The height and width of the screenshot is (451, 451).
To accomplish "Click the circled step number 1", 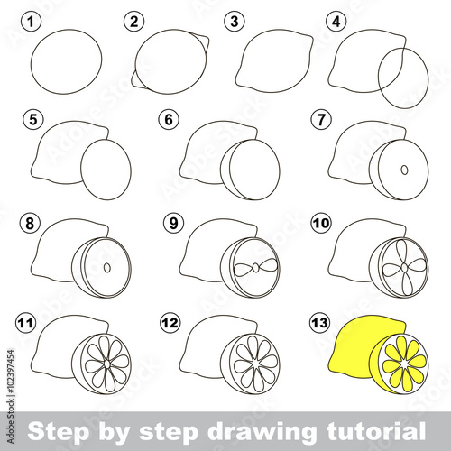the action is (x=31, y=22).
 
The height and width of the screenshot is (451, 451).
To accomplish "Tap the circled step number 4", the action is (x=336, y=22).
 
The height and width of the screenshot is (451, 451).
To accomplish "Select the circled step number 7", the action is (x=321, y=119).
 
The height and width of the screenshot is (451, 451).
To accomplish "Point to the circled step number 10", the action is (x=321, y=224).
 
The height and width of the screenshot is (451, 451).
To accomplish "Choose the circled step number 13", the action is (x=319, y=323).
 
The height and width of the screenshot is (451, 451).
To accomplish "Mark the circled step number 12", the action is (x=170, y=323).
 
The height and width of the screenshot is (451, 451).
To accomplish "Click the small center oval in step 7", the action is (x=405, y=170).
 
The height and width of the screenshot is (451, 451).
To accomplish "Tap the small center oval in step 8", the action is (x=107, y=268).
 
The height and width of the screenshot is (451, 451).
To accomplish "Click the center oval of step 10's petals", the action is (x=405, y=267).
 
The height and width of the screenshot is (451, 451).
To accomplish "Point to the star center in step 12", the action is (x=255, y=364).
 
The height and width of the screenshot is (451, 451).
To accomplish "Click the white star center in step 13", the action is (x=404, y=364).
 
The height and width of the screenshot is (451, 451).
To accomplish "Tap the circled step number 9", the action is (x=173, y=224).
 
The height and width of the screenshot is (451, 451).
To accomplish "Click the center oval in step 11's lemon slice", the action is (x=107, y=364).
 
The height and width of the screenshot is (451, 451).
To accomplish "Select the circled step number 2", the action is (x=133, y=22).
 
